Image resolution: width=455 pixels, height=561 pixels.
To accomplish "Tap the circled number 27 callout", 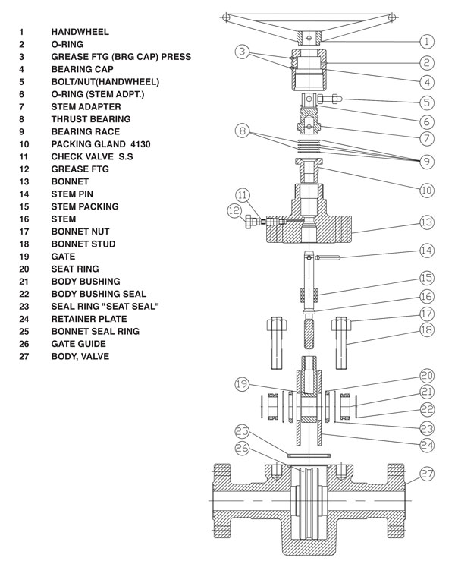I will click(x=427, y=474).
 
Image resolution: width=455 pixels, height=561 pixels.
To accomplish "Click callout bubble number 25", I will click(x=243, y=430).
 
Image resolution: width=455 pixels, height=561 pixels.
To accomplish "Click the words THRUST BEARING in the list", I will click(x=90, y=119).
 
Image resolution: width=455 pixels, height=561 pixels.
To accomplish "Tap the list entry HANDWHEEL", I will click(x=80, y=32).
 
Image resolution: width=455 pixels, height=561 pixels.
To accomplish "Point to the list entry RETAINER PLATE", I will click(x=89, y=319).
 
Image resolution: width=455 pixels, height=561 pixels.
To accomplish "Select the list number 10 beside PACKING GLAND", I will click(x=24, y=143).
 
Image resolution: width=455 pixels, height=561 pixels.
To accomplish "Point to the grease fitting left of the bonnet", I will click(x=253, y=222).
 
